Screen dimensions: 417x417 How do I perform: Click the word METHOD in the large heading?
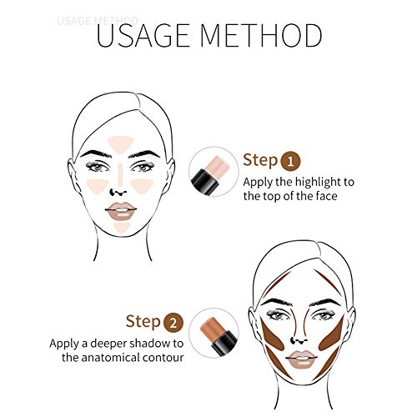[x=266, y=36]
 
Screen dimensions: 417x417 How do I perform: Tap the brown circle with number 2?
[x=170, y=320]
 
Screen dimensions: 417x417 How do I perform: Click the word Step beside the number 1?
[x=259, y=160]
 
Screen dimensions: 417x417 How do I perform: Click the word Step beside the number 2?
[x=142, y=320]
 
